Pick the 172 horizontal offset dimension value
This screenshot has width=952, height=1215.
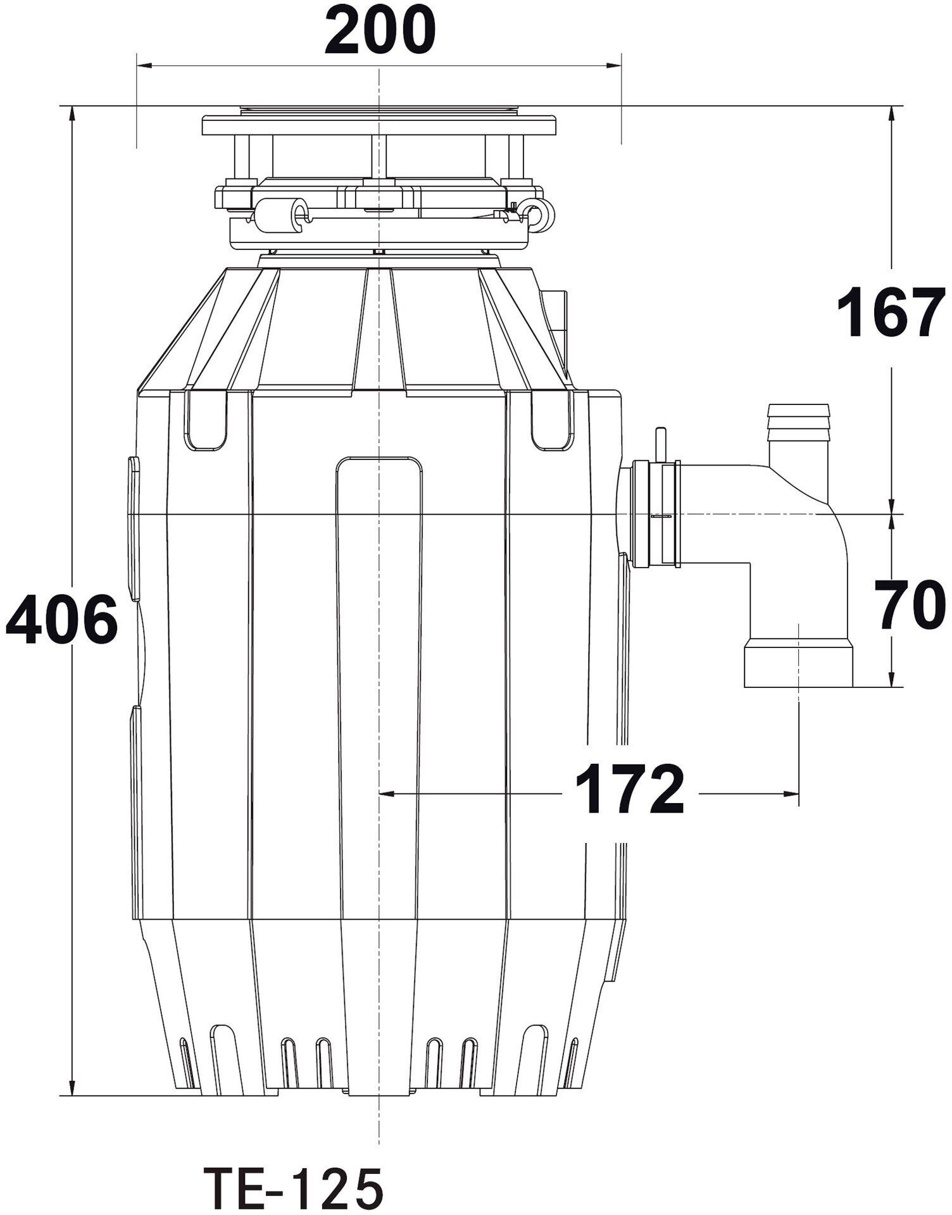[630, 789]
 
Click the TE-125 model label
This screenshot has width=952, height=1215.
[293, 1187]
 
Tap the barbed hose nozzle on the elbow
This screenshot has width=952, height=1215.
[798, 437]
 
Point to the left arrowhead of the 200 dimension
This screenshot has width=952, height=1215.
[145, 65]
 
